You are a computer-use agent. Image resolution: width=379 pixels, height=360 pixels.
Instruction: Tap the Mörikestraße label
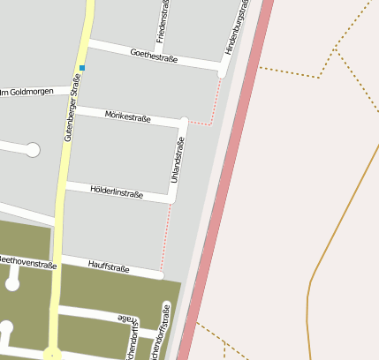(x=127, y=116)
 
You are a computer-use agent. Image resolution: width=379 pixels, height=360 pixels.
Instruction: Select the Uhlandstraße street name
(x=178, y=161)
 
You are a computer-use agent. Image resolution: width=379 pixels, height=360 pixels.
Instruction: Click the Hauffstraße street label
(x=109, y=265)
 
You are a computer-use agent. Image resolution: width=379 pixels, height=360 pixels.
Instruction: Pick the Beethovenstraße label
(x=27, y=262)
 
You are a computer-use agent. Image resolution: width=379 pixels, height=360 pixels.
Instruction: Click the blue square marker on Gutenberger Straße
(x=82, y=68)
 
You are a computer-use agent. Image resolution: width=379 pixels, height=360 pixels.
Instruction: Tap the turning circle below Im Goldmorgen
(x=33, y=150)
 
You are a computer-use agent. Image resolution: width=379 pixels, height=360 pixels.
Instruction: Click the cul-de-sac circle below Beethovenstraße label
(x=12, y=284)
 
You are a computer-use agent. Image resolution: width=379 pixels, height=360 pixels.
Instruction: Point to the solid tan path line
(x=336, y=221)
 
